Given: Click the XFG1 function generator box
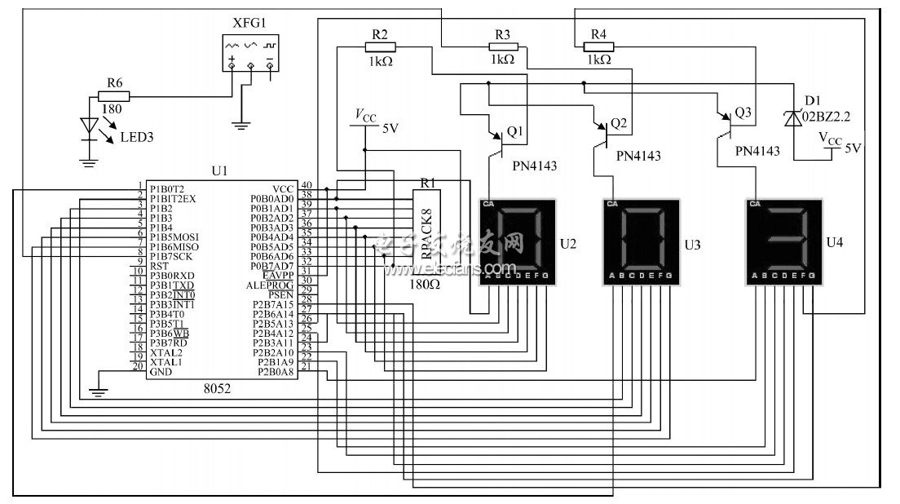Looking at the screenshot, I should [249, 54].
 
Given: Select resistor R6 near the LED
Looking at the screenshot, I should [115, 96].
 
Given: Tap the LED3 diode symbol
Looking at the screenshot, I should [89, 126].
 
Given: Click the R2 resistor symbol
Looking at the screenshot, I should [379, 48].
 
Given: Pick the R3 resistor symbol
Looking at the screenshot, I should [502, 48].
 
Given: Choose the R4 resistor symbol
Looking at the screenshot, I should [598, 48].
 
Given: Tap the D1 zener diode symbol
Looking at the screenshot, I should [791, 119].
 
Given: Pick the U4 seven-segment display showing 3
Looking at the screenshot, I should [782, 241].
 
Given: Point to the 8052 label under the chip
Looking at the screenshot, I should [217, 390].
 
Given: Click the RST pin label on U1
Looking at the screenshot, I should [159, 266].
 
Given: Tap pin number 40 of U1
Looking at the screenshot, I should [306, 185].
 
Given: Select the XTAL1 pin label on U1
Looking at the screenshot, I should [165, 361].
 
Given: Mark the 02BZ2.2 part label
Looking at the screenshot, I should [826, 117].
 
